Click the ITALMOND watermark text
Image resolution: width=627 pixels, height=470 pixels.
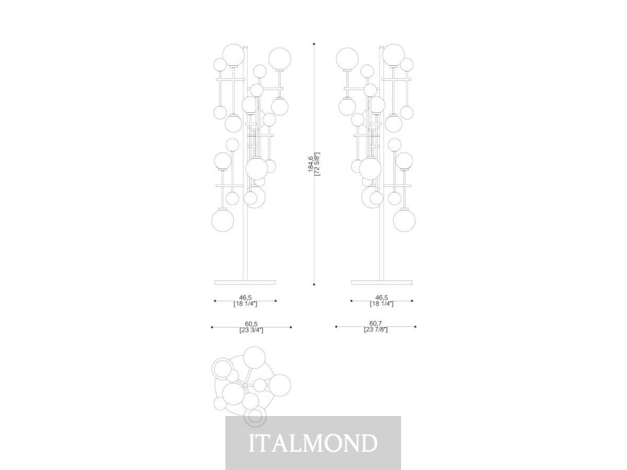coord(313,443)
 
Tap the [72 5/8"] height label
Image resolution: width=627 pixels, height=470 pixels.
coord(318,164)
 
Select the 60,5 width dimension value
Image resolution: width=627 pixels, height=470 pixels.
coord(251,324)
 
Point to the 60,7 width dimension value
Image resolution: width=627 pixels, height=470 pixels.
coord(375,323)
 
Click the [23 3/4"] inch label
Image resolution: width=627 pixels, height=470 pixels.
coord(251,330)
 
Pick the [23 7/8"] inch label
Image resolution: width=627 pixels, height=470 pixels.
coord(375,329)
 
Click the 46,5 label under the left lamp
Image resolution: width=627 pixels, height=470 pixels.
coord(245,297)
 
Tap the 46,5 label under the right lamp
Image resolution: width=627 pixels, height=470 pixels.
coord(382,297)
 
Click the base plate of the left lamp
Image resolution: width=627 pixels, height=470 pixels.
coord(245,282)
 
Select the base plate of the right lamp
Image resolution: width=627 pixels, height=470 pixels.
coord(382,282)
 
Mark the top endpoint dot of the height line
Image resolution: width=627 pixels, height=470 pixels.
coord(314,44)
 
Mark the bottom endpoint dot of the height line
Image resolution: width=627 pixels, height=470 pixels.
coord(314,284)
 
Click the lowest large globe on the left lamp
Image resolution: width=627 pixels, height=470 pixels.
coord(223,220)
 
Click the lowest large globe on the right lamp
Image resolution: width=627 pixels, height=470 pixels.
coord(404,220)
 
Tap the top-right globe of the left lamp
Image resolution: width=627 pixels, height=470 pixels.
coord(279,59)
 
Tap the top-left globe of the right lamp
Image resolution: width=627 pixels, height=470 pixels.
coord(347,59)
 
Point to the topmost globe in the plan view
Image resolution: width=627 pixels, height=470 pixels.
coord(254,358)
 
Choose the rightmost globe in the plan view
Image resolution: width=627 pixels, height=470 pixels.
coord(279,386)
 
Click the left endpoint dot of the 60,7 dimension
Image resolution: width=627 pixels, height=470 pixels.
coord(336,326)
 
